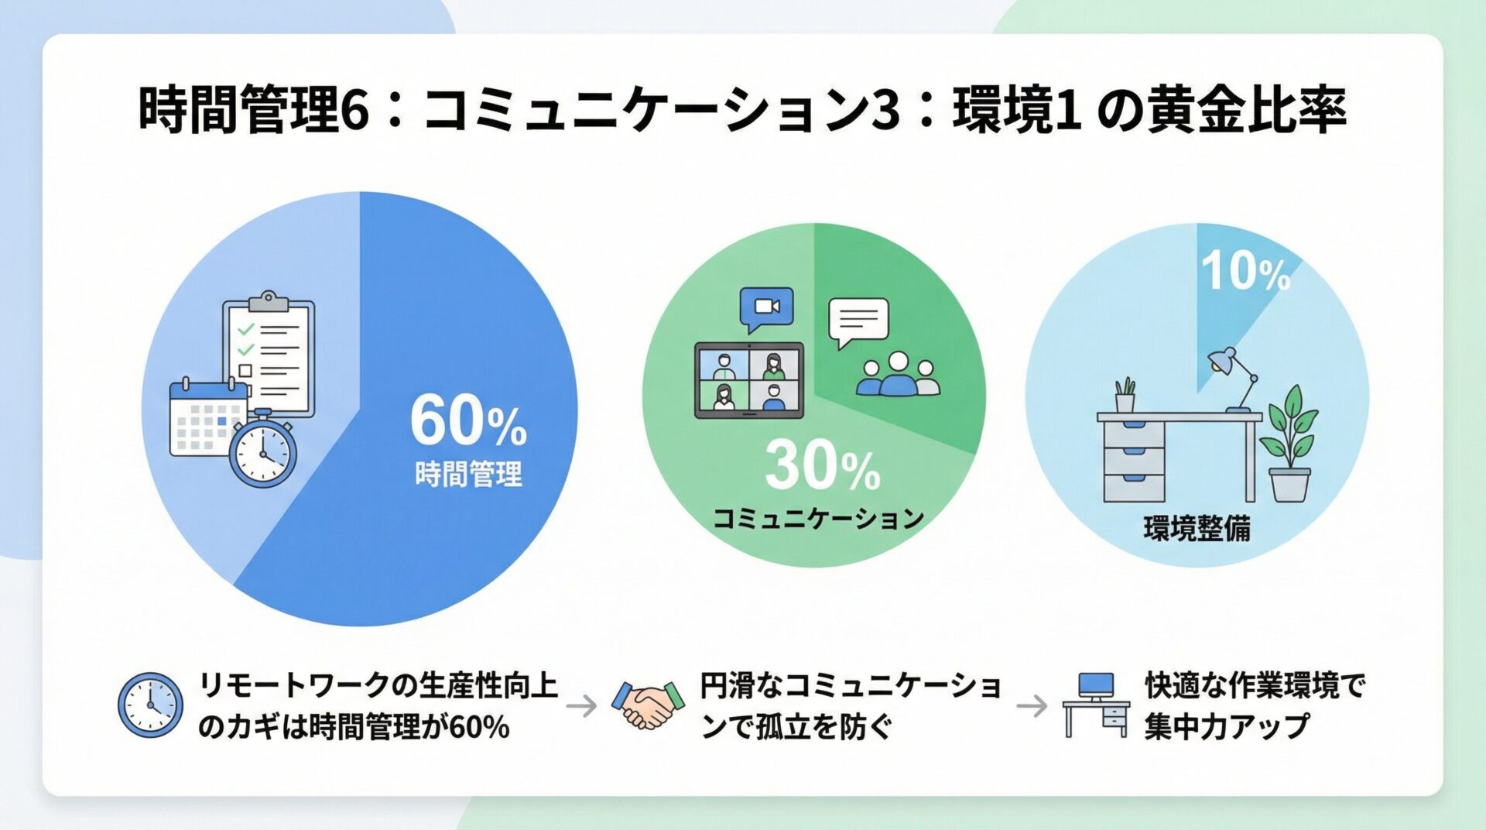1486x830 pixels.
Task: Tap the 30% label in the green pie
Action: (x=822, y=467)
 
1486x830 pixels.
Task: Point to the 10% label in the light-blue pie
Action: (x=1245, y=271)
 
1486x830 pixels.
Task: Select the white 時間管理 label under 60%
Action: (x=468, y=474)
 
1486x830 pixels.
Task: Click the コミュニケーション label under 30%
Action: (x=818, y=519)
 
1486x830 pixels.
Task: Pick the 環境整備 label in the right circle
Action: (x=1197, y=530)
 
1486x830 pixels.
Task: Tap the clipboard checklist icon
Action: (x=269, y=353)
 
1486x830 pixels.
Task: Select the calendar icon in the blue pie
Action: (x=203, y=417)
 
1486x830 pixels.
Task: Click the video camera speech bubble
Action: (x=766, y=309)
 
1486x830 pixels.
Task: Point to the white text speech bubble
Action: (x=858, y=321)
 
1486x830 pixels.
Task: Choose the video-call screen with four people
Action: (x=748, y=380)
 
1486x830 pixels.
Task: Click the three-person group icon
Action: (x=898, y=375)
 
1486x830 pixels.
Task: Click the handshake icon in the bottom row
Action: (x=649, y=705)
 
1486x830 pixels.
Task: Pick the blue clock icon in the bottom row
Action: (x=150, y=705)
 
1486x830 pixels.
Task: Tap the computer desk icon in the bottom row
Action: (x=1095, y=705)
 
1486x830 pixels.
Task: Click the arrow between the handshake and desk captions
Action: (x=1032, y=706)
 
